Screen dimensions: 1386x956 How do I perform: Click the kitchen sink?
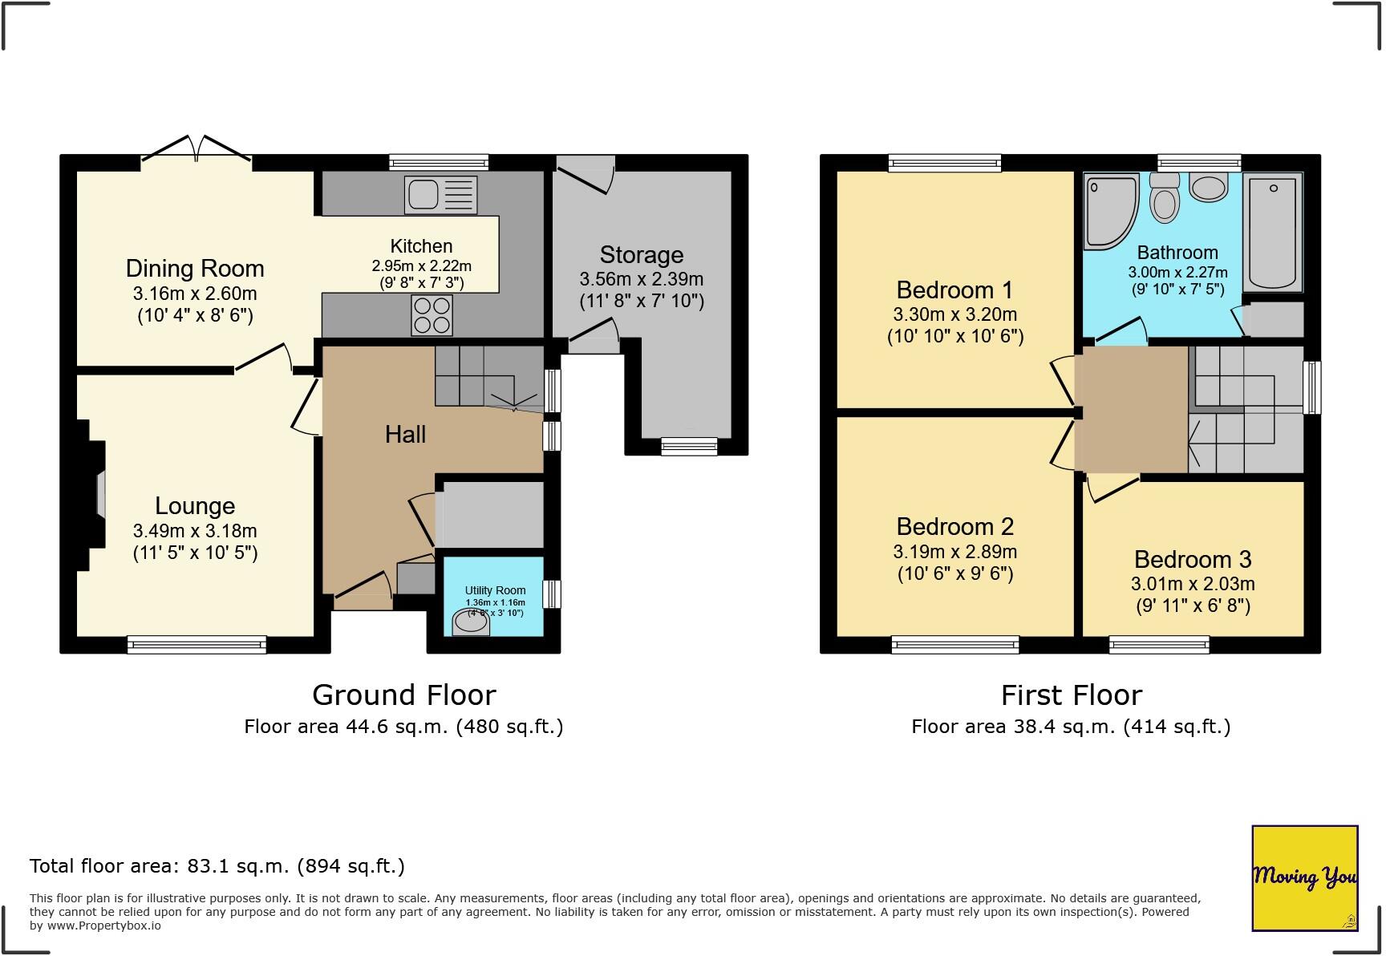click(x=441, y=195)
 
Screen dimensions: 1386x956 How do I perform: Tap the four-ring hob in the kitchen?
click(x=432, y=315)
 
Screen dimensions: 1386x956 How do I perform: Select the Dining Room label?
click(x=195, y=268)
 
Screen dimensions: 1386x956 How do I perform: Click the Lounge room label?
click(x=195, y=506)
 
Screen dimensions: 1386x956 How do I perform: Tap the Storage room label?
click(x=642, y=255)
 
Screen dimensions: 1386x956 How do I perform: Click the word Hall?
click(x=405, y=435)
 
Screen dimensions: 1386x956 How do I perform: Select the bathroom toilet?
click(x=1165, y=197)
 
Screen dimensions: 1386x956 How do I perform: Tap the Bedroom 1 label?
click(x=954, y=290)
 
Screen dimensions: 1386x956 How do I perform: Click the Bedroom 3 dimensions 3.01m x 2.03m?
click(x=1193, y=584)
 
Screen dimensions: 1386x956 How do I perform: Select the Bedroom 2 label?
click(x=954, y=527)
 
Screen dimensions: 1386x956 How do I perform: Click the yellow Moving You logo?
click(x=1305, y=878)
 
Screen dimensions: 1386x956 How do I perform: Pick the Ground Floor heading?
click(x=404, y=695)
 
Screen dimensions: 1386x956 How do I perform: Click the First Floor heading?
click(x=1072, y=695)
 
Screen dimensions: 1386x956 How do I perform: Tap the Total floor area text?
click(x=217, y=866)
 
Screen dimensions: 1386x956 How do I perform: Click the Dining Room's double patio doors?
click(x=197, y=152)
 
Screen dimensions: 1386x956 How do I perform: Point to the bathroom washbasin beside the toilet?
click(x=1209, y=188)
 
